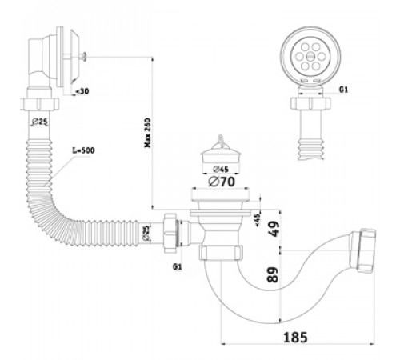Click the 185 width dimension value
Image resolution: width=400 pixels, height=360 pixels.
tap(295, 338)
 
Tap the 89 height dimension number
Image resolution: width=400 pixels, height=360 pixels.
tap(273, 274)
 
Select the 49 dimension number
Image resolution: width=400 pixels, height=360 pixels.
tap(274, 229)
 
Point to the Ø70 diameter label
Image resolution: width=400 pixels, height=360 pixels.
tap(222, 182)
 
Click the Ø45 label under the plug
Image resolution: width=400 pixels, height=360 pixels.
tap(221, 169)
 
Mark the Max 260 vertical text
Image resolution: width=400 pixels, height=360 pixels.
tap(147, 133)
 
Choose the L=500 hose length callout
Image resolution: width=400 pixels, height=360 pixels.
tap(84, 150)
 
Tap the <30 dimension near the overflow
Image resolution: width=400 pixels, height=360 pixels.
tap(82, 91)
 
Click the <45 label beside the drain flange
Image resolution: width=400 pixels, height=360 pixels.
tap(258, 220)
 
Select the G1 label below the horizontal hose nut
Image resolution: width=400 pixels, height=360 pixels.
tap(177, 266)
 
